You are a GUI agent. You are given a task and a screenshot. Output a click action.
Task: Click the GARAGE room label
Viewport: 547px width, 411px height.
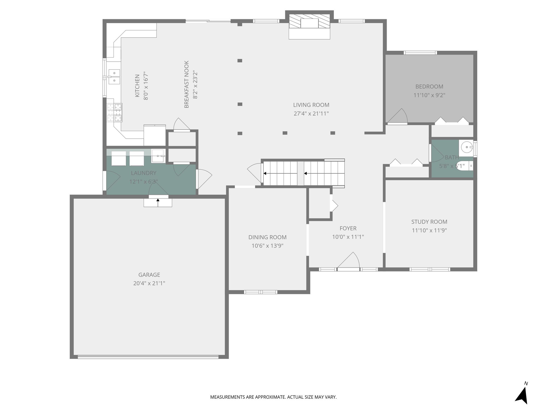coord(149,275)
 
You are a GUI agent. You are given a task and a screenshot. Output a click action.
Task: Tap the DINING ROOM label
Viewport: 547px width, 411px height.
coord(267,237)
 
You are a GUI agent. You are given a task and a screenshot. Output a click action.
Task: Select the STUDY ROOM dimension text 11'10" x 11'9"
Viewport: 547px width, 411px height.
coord(429,230)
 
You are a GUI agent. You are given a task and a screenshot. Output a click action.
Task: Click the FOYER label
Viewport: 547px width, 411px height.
coord(348,228)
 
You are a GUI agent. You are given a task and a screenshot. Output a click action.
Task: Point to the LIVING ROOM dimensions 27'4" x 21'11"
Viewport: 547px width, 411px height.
coord(311,113)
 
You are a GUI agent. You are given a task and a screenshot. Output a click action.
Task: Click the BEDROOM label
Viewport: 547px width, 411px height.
coord(429,86)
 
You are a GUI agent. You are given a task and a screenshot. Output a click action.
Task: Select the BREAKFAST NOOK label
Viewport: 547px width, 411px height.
coord(186,84)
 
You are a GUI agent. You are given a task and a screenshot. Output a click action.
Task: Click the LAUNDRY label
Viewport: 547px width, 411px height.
coord(143,173)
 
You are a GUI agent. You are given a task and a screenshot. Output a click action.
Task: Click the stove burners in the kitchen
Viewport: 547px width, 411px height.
coord(114,112)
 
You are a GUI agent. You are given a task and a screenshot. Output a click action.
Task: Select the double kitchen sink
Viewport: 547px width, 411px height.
coord(114,77)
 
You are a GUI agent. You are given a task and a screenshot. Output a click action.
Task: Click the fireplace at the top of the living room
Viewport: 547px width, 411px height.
coord(310,25)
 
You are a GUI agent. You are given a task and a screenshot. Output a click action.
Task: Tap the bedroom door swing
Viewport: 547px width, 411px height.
coord(398,116)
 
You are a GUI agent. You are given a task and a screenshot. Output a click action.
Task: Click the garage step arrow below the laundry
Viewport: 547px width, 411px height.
coord(158,203)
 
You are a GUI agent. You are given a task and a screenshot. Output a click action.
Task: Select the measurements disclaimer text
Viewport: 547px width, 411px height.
coord(273,397)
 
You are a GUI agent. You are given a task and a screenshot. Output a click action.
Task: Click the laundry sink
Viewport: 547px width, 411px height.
coord(158,156)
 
